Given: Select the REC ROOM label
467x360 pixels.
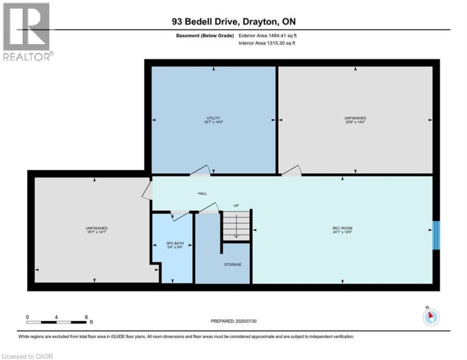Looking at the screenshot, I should (x=342, y=228).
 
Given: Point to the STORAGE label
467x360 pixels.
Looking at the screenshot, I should (x=233, y=264).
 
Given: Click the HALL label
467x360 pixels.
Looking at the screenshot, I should (x=202, y=193).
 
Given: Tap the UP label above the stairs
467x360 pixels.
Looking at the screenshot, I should (x=236, y=206).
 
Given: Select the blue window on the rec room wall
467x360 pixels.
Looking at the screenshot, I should (x=436, y=235).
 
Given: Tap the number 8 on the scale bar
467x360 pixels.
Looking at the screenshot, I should (x=86, y=317).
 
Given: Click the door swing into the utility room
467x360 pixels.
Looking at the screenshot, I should (x=201, y=170).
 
